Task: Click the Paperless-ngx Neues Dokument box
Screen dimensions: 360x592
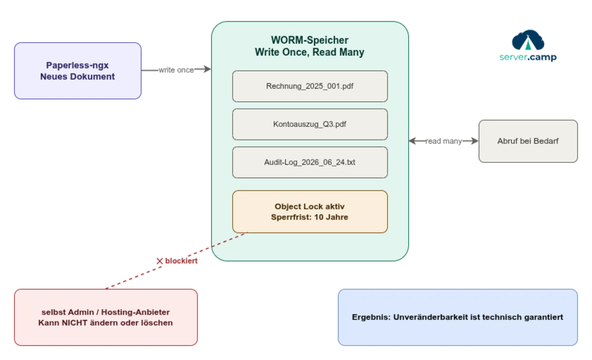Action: [77, 71]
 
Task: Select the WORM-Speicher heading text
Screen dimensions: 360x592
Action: [309, 40]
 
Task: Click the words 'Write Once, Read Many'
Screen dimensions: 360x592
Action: [309, 52]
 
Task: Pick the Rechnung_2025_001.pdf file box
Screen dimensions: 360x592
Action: [309, 86]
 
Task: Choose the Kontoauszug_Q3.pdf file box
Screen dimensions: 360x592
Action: [309, 124]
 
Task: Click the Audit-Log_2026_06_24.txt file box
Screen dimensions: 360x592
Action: [309, 162]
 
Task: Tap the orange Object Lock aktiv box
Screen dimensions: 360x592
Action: [309, 211]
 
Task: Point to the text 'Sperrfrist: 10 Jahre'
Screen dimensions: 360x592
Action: [309, 217]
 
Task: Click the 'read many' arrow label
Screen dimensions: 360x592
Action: [443, 141]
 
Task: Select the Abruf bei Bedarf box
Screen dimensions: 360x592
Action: [528, 141]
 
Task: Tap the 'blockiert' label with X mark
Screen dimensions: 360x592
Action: [178, 261]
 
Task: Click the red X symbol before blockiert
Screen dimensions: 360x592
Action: [160, 261]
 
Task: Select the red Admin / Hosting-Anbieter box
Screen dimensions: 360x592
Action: [106, 317]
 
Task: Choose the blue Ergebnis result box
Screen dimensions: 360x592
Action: [457, 317]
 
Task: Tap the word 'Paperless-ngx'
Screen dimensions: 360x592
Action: [77, 65]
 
